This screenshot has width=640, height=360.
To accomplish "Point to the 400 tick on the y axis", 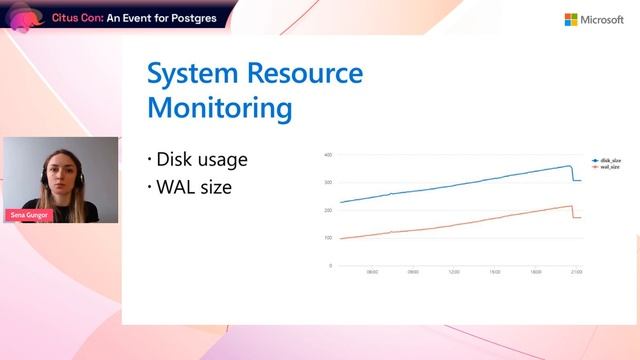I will (328, 156).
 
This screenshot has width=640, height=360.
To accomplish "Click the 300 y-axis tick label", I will (328, 183).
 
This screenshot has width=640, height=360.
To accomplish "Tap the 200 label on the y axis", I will (328, 211).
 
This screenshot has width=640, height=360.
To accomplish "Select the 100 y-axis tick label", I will (328, 238).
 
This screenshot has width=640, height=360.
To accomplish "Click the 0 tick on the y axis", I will (330, 266).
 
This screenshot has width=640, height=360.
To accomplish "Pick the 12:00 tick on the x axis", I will (453, 272).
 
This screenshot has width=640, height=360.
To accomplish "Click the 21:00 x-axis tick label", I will (576, 272).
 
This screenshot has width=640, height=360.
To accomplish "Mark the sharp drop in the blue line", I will (573, 173).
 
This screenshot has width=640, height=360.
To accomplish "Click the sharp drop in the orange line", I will (573, 212).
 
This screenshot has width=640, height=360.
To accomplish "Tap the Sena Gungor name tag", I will (27, 215).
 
